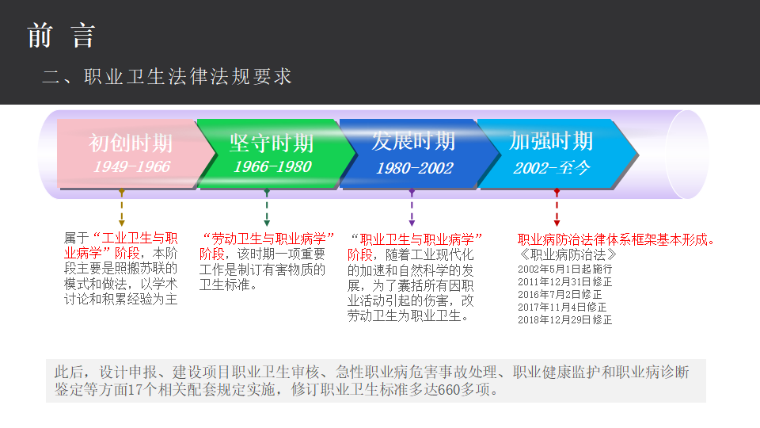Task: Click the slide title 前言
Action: click(61, 36)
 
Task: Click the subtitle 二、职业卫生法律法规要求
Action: click(167, 76)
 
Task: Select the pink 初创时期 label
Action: click(130, 143)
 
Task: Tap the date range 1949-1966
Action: click(131, 167)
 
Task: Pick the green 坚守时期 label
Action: click(272, 143)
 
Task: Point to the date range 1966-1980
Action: click(272, 167)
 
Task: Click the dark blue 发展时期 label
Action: click(413, 142)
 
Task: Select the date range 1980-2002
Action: click(414, 168)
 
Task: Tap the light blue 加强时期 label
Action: click(551, 141)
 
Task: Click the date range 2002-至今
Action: click(551, 168)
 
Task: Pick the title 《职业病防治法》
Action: click(568, 255)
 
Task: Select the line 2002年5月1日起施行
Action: click(564, 269)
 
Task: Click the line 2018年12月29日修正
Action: click(564, 320)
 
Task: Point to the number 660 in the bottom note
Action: click(448, 390)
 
